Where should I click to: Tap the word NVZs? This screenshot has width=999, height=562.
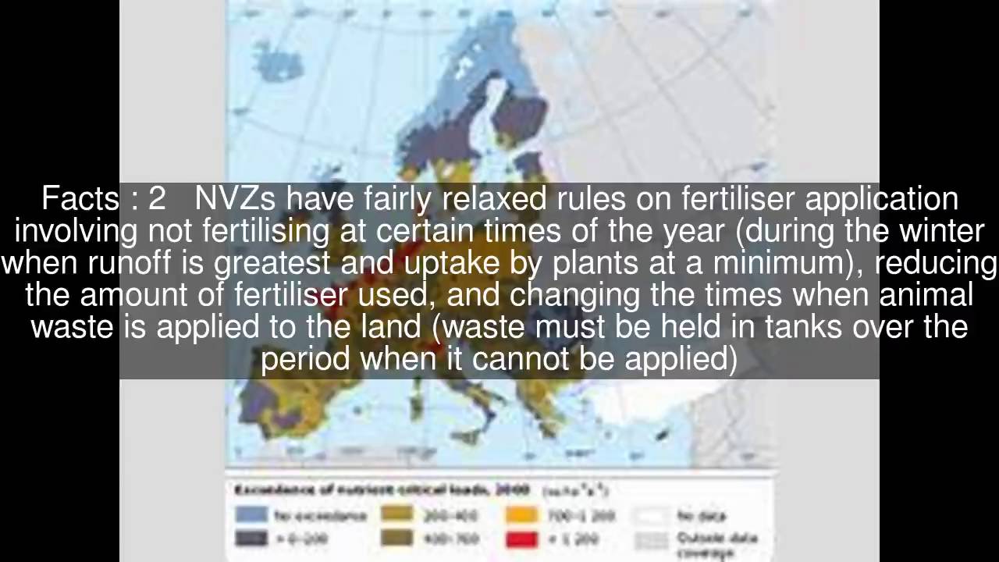235,199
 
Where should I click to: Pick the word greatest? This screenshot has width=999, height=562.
272,263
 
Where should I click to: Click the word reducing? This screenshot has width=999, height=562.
936,263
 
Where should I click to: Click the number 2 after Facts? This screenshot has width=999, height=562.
157,199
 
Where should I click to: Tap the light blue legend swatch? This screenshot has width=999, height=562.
251,515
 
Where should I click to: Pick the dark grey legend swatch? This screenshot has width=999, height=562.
251,538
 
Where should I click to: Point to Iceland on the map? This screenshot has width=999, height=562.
278,59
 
